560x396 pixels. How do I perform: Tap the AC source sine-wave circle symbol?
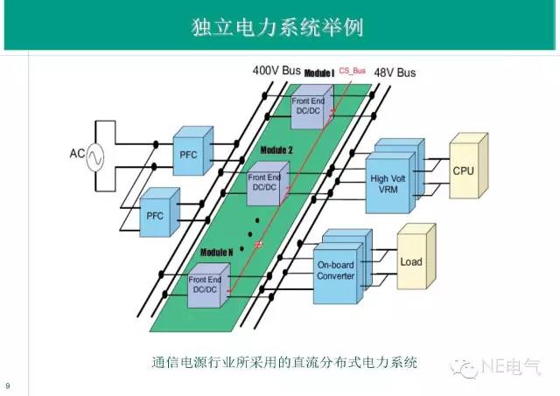point(92,157)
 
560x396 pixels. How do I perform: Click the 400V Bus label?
point(277,70)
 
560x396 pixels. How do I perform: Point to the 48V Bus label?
point(395,73)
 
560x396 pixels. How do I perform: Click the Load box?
point(410,261)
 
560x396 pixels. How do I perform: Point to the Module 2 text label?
point(277,149)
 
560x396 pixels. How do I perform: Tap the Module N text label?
point(216,252)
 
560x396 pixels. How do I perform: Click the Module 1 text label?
point(318,73)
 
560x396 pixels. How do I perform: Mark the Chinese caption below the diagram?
point(285,361)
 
